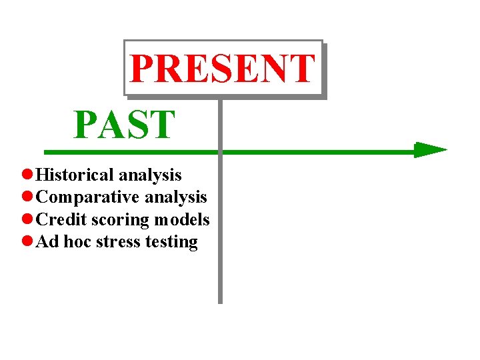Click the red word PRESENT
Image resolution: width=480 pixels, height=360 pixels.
(222, 68)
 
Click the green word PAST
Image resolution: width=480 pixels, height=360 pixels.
(125, 125)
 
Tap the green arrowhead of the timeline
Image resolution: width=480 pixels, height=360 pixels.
(429, 150)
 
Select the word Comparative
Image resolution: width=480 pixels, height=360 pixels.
(88, 197)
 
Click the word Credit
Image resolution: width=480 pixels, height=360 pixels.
(61, 219)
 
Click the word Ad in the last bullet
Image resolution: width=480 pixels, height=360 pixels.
(47, 241)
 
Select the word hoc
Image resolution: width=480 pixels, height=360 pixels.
(77, 241)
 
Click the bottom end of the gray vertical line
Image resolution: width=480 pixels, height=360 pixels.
(220, 301)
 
